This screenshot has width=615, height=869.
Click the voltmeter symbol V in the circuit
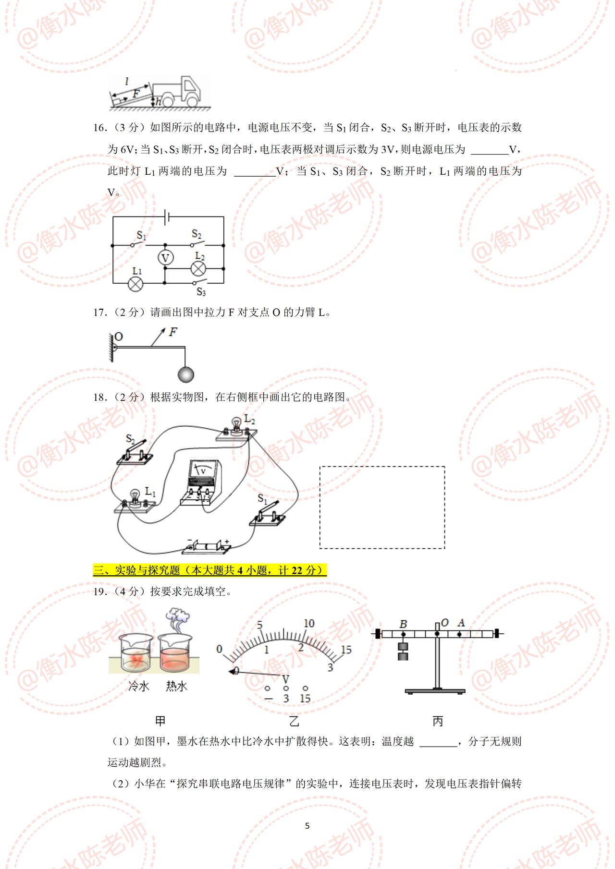click(165, 258)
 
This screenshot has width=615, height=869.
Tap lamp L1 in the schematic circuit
click(136, 284)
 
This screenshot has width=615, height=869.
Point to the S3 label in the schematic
click(201, 292)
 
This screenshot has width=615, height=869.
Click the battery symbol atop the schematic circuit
click(167, 217)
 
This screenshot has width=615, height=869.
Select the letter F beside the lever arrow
click(173, 332)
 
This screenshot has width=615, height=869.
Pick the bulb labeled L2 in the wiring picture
click(236, 427)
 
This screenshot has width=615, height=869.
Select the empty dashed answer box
click(382, 507)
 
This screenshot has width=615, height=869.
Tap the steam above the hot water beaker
click(177, 619)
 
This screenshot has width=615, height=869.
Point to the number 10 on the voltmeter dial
click(309, 623)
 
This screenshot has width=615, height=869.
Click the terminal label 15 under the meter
click(305, 699)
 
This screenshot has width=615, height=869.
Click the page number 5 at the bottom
click(307, 826)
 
